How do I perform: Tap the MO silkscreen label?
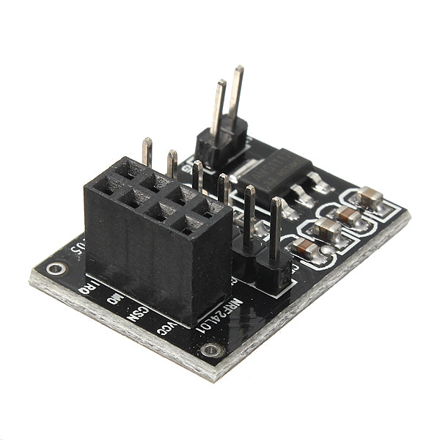tap(114, 299)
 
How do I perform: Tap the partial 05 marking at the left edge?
tap(76, 246)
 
